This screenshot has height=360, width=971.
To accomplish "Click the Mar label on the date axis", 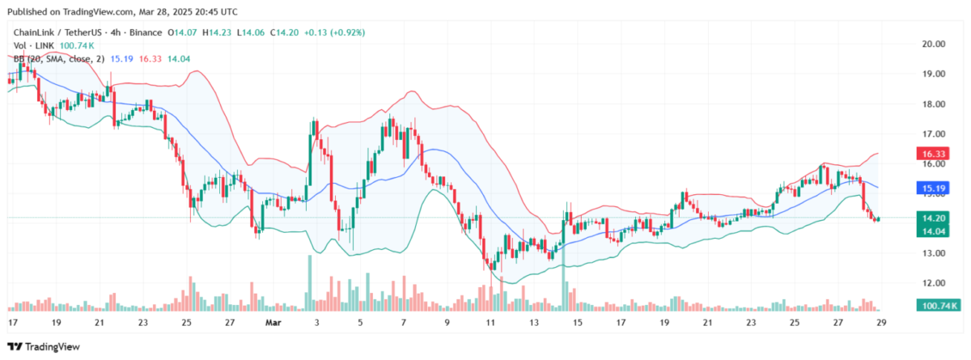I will pyautogui.click(x=272, y=322).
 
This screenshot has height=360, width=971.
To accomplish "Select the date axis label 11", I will pyautogui.click(x=490, y=322).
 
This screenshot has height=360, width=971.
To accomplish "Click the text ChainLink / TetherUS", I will pyautogui.click(x=54, y=33).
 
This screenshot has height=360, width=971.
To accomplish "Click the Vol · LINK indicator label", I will pyautogui.click(x=29, y=46).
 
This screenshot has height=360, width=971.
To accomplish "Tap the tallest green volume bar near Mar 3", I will pyautogui.click(x=309, y=283).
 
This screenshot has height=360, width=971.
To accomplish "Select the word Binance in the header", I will pyautogui.click(x=143, y=33).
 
